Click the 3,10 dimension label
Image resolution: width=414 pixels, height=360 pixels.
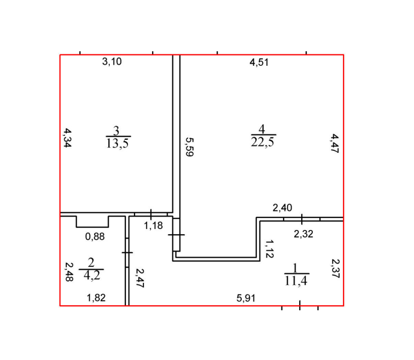pos(112,62)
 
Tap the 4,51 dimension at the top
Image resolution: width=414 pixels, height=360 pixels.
pos(259,62)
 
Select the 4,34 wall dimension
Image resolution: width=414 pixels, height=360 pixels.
pos(68,138)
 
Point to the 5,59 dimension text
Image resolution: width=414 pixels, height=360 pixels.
pos(189,147)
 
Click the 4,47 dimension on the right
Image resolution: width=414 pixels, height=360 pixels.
pos(334,143)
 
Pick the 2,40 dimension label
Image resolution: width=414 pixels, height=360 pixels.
pos(282,208)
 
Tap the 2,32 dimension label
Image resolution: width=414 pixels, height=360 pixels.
pos(303,234)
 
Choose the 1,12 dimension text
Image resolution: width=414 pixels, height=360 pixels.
pos(270,249)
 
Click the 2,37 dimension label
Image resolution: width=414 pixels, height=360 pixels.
pos(335,268)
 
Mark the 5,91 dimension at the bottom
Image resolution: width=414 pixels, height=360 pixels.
pos(246,298)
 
